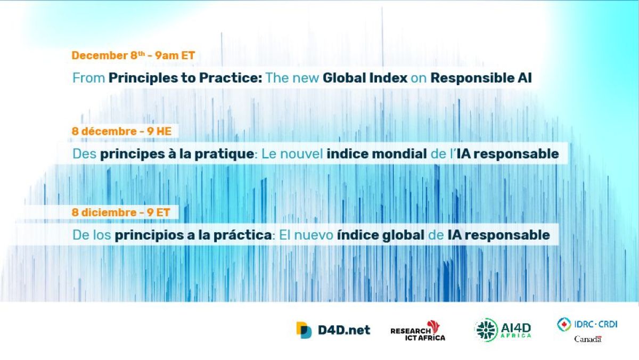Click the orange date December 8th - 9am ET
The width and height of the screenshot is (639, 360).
tap(133, 55)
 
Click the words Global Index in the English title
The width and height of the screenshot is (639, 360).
tap(365, 78)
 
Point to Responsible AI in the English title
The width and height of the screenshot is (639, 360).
tap(481, 78)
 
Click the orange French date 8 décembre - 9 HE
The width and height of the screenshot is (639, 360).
tap(121, 131)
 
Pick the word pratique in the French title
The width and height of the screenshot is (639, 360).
tap(224, 154)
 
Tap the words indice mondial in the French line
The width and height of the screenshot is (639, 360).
tap(376, 154)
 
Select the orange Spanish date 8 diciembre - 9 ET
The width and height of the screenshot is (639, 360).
tap(121, 212)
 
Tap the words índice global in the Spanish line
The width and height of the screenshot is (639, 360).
tap(381, 235)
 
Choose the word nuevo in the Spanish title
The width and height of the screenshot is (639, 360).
tap(314, 235)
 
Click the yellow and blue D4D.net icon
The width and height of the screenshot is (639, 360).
tap(304, 330)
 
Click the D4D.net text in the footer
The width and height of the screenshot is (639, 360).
tap(344, 330)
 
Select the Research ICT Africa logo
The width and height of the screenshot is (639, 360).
tap(418, 331)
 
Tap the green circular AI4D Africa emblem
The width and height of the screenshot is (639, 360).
tap(486, 330)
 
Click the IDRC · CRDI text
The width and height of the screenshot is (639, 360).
tap(596, 324)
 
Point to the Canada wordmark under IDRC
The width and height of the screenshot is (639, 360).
tap(588, 339)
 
